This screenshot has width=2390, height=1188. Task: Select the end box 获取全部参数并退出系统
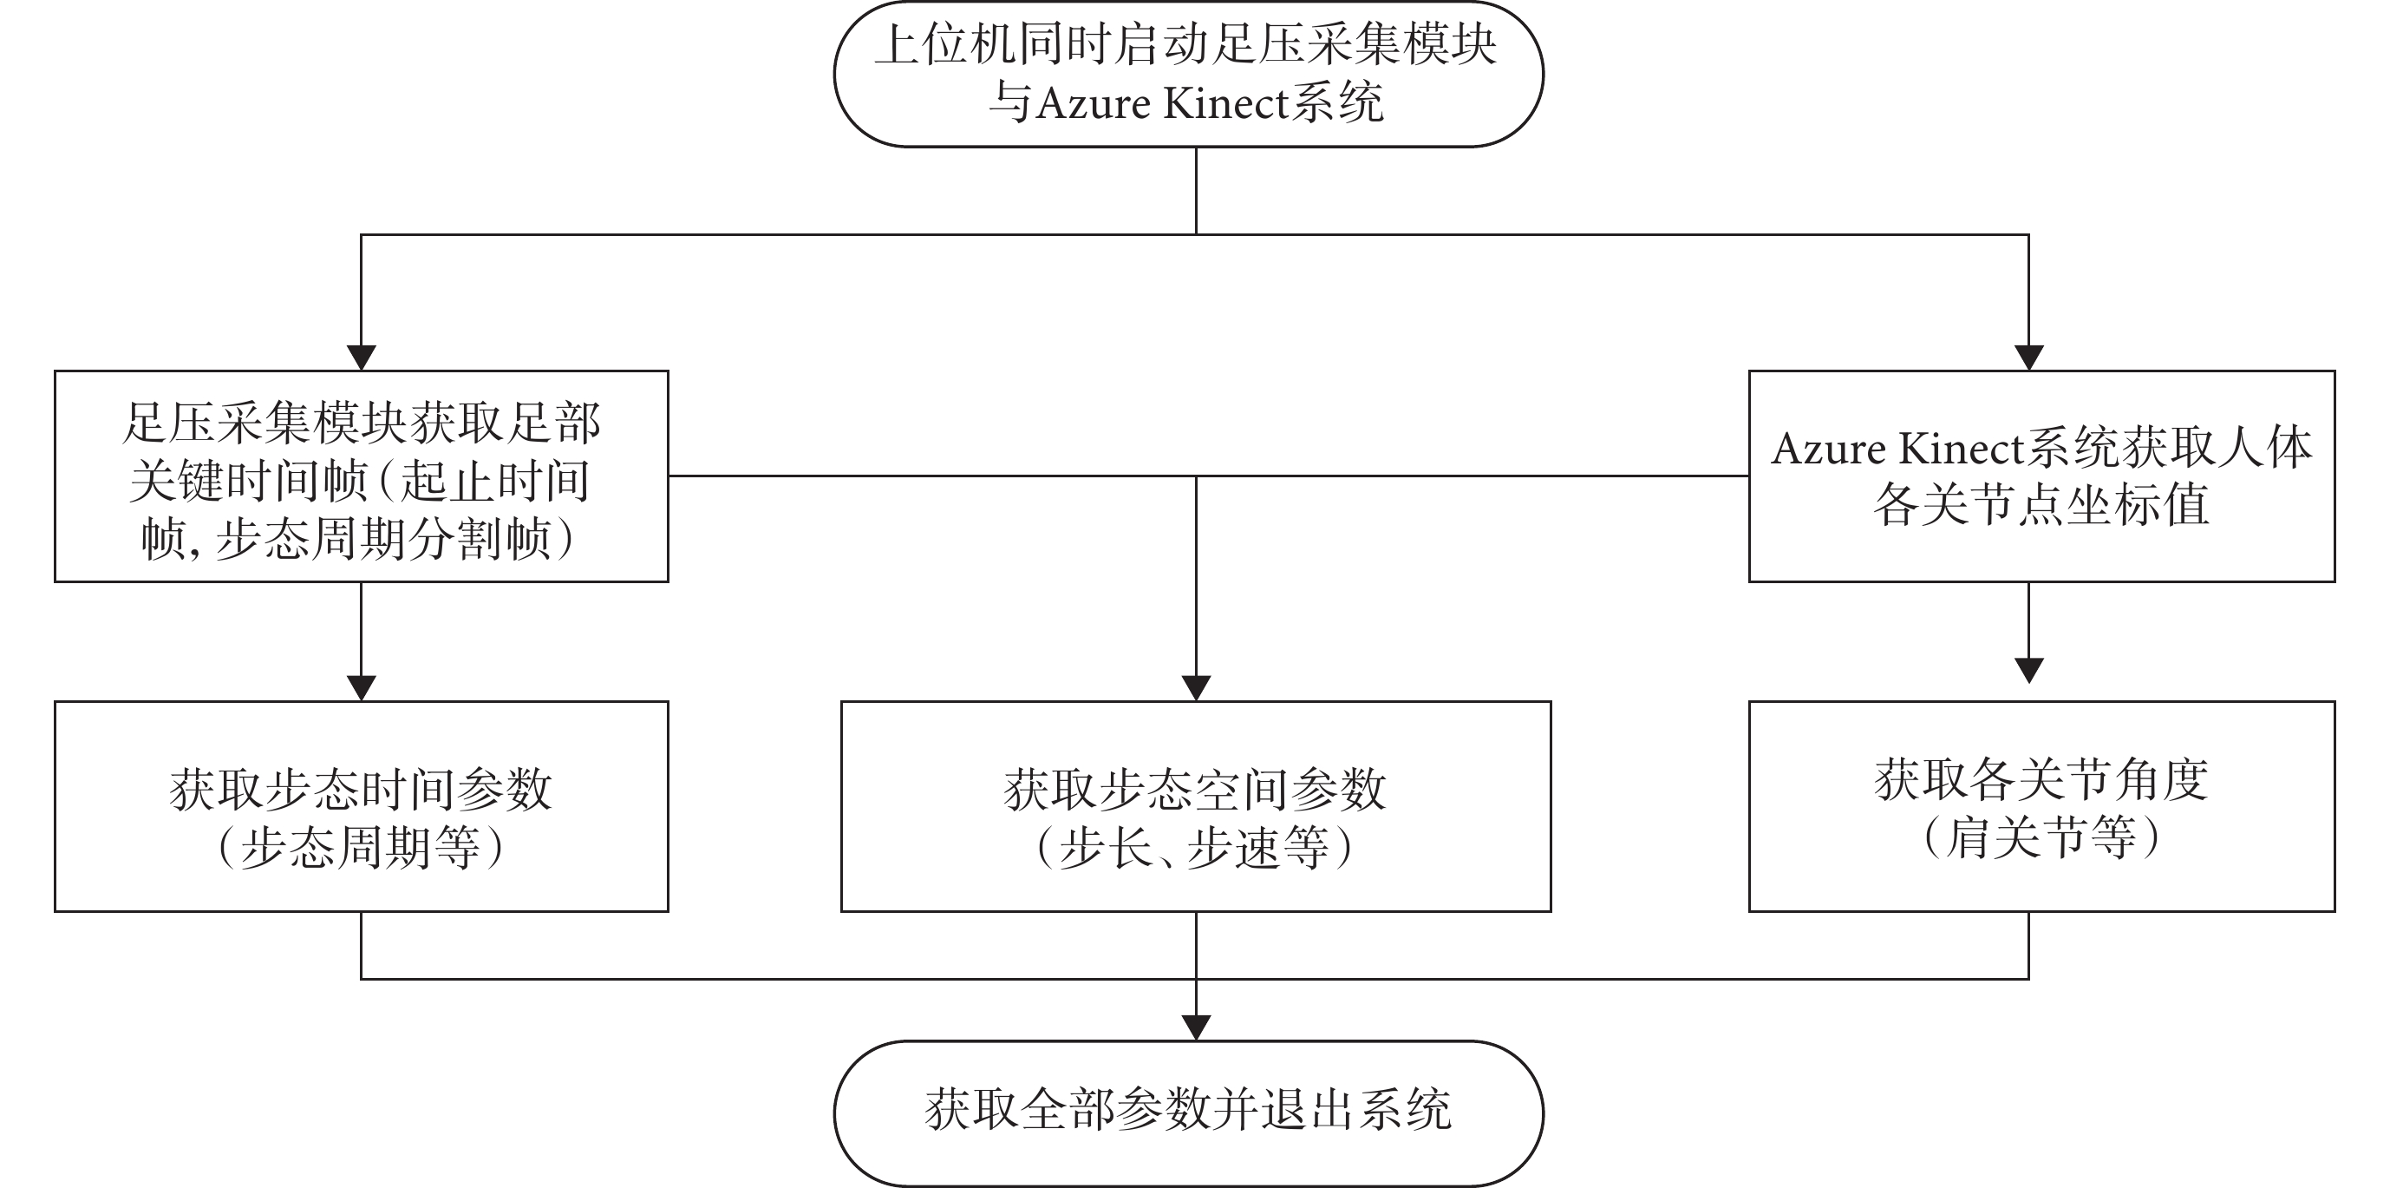[1189, 1113]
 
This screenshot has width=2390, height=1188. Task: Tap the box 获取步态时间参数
[361, 805]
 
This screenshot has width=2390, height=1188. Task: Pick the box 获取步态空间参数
[1196, 805]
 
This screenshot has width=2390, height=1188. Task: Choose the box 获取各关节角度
[2042, 805]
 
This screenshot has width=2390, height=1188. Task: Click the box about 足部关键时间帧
[361, 476]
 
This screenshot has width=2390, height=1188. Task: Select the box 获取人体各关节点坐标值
[2042, 476]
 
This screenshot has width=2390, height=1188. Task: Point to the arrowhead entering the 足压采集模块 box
[361, 358]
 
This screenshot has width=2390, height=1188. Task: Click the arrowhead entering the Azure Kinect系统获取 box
[2029, 358]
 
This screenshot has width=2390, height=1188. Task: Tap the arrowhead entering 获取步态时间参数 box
[361, 688]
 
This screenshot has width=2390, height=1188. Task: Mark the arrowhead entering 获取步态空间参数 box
[1196, 688]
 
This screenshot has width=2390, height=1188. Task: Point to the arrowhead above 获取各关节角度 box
[2029, 671]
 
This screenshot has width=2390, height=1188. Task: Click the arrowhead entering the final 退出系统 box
[1196, 1027]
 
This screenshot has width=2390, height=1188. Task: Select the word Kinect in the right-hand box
[1963, 449]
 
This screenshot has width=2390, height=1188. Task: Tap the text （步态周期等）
[361, 846]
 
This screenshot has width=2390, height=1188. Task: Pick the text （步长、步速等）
[1195, 846]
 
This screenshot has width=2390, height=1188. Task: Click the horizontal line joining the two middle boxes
[1208, 476]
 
